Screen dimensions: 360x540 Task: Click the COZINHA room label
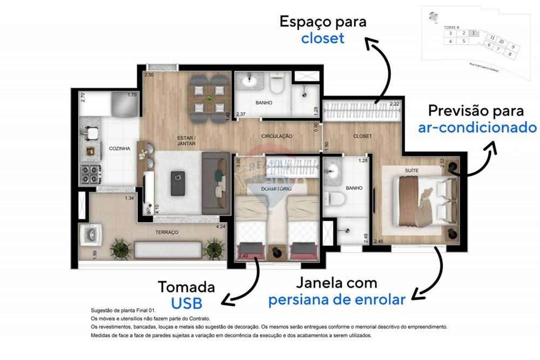pyautogui.click(x=119, y=148)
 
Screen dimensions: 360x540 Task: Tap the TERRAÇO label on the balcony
pyautogui.click(x=167, y=232)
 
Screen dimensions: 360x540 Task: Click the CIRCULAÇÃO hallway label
pyautogui.click(x=277, y=137)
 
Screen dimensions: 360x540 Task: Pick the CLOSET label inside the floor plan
pyautogui.click(x=362, y=137)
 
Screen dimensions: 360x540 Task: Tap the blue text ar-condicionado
pyautogui.click(x=477, y=127)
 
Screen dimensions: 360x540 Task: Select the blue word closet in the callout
pyautogui.click(x=322, y=39)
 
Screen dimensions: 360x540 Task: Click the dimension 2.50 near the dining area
pyautogui.click(x=148, y=74)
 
